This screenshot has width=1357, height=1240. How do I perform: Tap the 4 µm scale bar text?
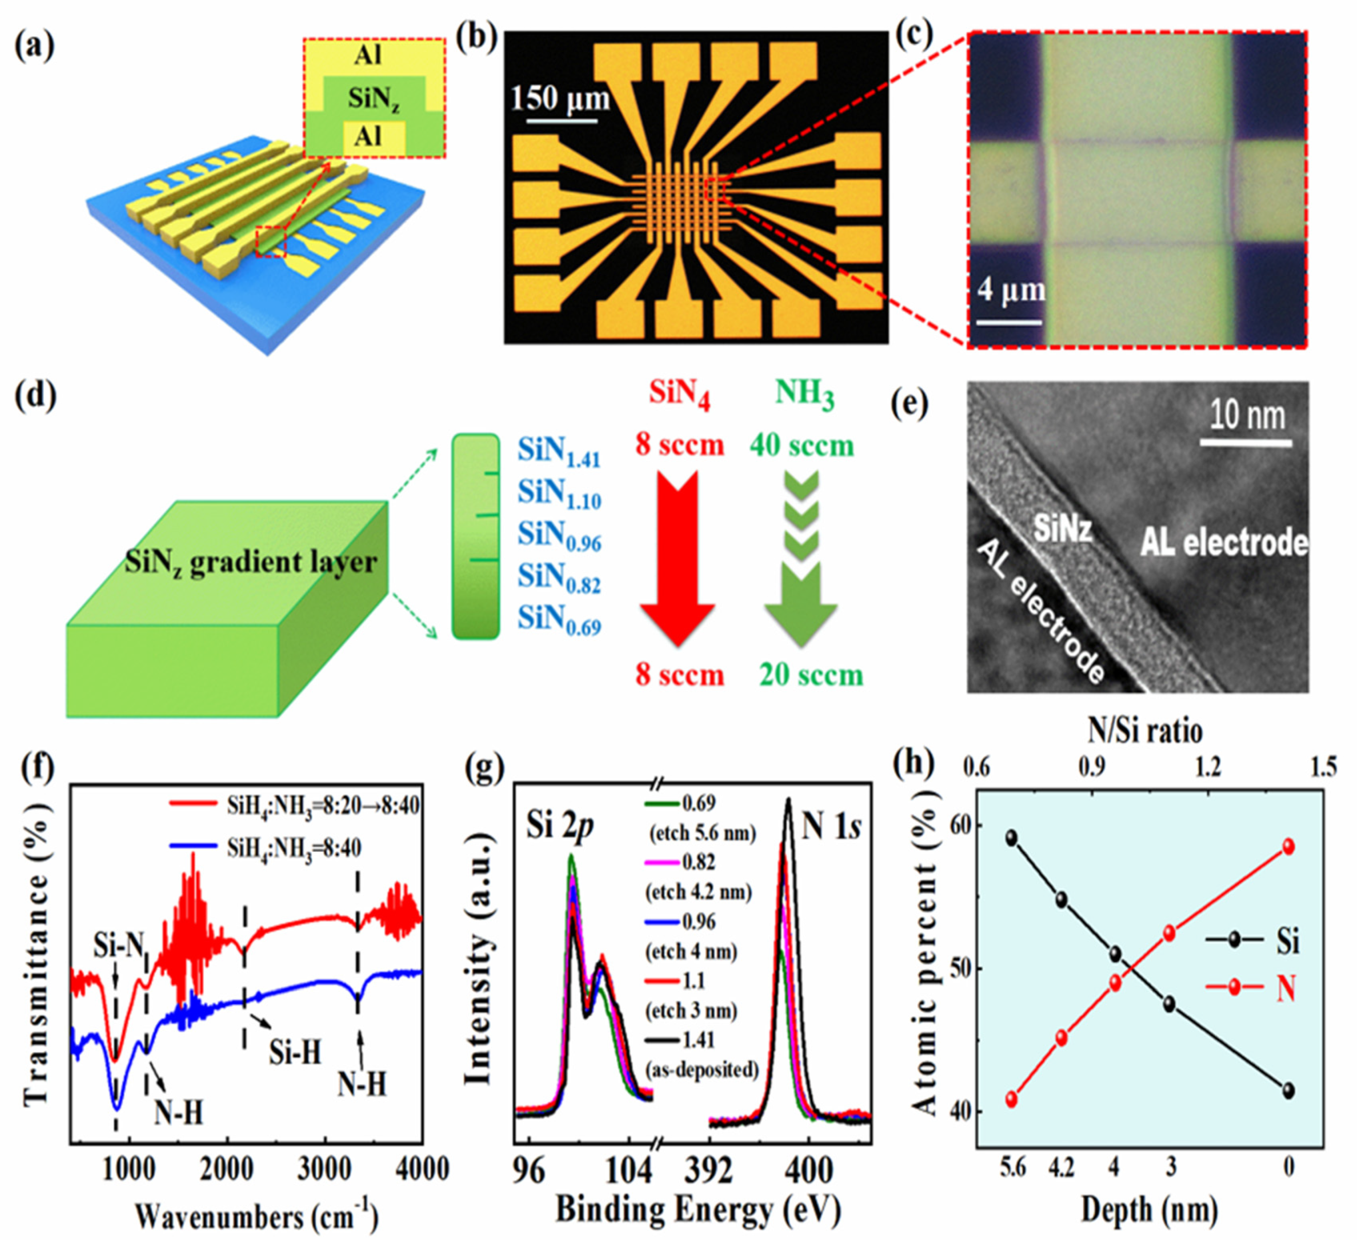click(1011, 290)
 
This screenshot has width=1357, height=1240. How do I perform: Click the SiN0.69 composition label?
click(559, 621)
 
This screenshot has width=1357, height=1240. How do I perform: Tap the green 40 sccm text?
click(802, 446)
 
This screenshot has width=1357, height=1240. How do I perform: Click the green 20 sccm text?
click(811, 675)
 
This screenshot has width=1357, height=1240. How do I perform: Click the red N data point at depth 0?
click(1288, 847)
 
